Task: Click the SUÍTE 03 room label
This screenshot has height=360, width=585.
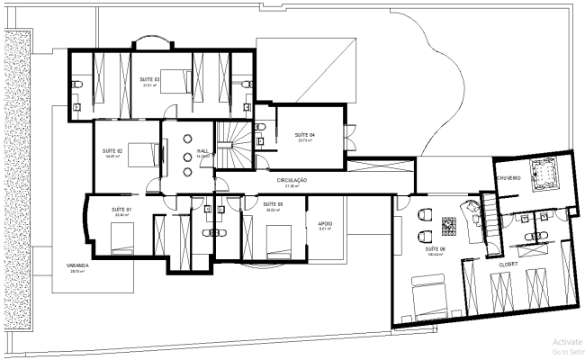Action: tap(149, 79)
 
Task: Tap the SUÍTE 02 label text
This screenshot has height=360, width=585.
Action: tap(112, 150)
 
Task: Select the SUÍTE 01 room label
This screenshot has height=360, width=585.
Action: tap(121, 210)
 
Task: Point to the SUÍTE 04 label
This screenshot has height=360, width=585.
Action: tap(305, 134)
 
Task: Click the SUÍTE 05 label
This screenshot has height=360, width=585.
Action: tap(274, 204)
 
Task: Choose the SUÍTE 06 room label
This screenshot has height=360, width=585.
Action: tap(436, 247)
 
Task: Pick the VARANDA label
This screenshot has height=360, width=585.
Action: tap(76, 265)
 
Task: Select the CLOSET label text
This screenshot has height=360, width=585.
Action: tap(508, 264)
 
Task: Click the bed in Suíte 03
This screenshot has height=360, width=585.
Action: tap(175, 80)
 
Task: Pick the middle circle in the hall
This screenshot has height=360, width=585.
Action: tap(187, 156)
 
